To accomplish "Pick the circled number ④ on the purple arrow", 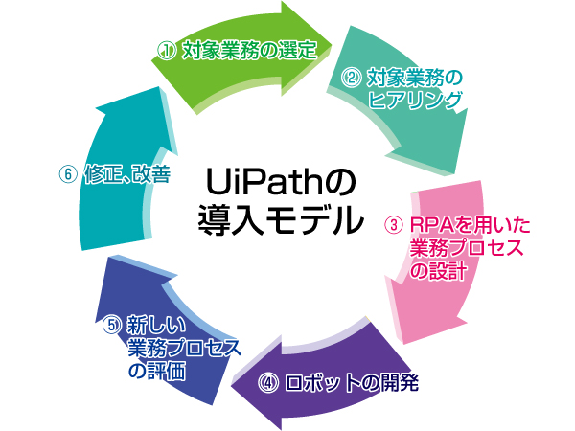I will click(269, 383).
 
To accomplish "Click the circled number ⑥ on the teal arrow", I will click(66, 176).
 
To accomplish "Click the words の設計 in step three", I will click(438, 271).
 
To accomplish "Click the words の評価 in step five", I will click(155, 368).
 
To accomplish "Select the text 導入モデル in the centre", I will click(279, 219).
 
